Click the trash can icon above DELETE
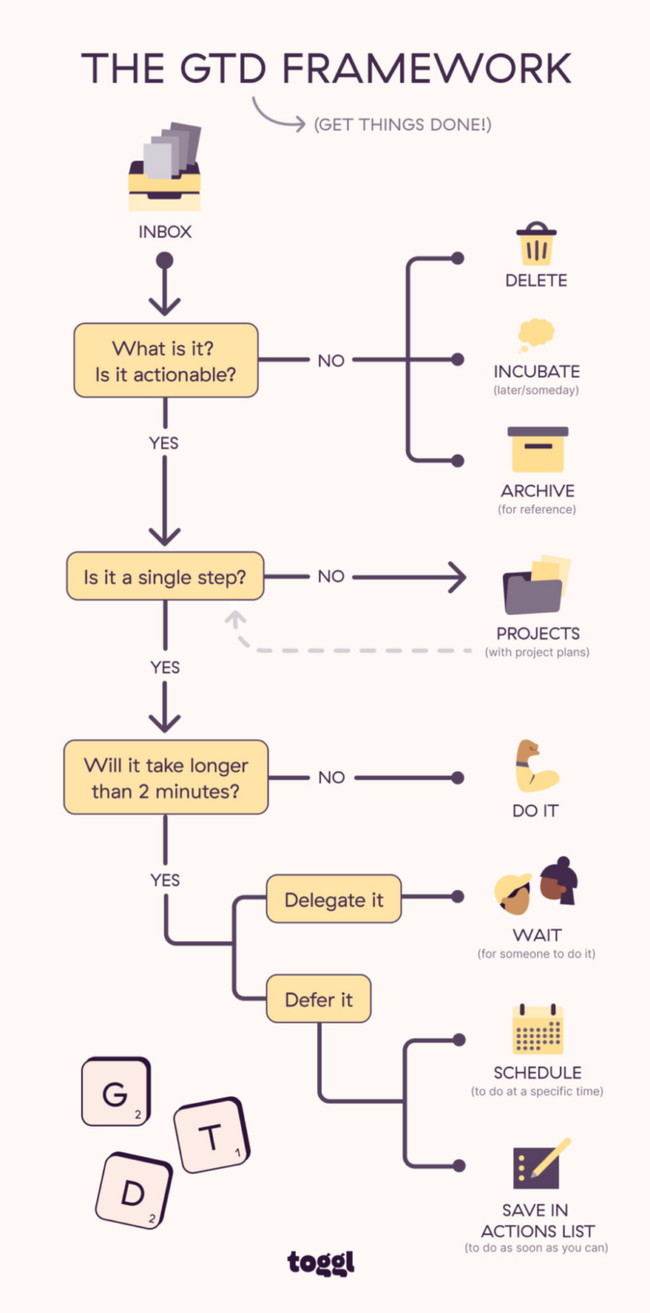click(536, 244)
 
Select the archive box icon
click(537, 450)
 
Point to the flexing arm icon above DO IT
click(536, 766)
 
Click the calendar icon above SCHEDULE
click(537, 1029)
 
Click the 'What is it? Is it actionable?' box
click(166, 360)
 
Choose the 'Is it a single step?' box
click(165, 576)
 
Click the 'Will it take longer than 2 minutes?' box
click(166, 777)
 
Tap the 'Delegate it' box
click(333, 898)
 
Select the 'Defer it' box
click(319, 998)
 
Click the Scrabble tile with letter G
click(116, 1092)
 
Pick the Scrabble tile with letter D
click(133, 1192)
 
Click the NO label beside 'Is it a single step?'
click(331, 576)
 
